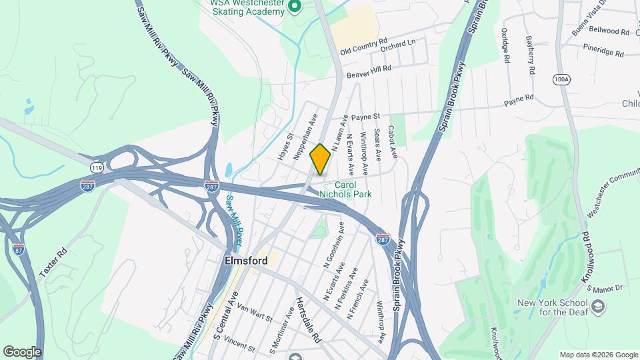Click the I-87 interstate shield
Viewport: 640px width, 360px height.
(x=19, y=249)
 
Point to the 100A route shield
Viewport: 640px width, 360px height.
(x=561, y=79)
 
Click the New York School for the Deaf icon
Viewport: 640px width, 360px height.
(x=598, y=307)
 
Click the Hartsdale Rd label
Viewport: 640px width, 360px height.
(x=309, y=319)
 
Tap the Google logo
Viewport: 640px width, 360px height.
(x=22, y=351)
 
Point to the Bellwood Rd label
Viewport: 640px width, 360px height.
(x=609, y=31)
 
